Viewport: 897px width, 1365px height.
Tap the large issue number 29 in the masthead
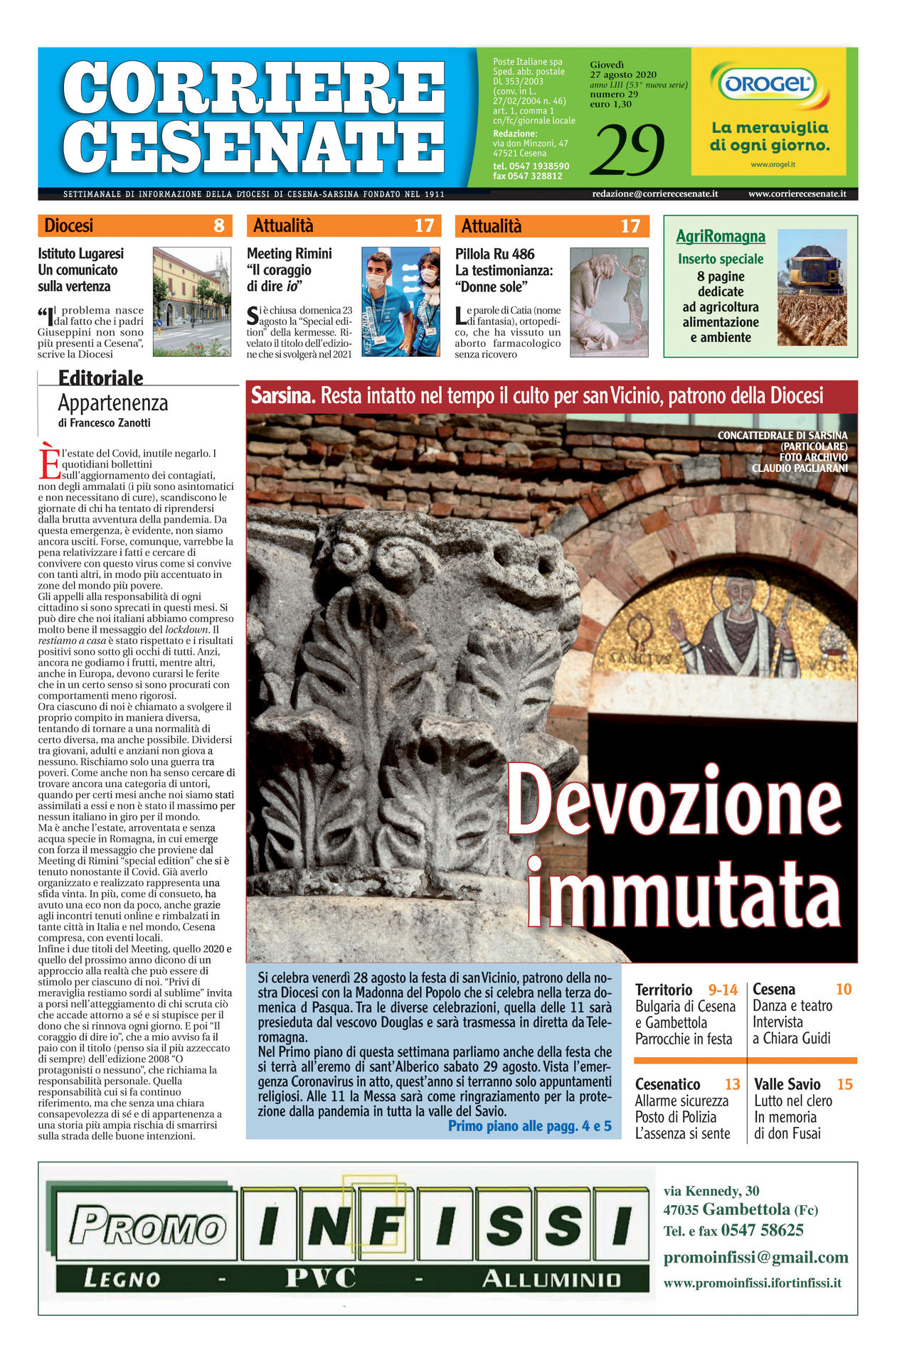[x=627, y=149]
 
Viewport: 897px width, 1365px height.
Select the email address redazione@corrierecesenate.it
[x=654, y=193]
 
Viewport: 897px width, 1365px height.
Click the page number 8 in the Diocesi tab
[x=219, y=226]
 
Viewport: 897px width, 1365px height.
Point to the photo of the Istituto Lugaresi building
[x=192, y=301]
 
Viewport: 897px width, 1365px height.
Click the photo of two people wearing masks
[x=400, y=301]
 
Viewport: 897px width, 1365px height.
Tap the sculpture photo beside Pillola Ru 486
[x=609, y=301]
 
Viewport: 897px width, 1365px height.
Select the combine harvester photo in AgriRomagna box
[x=812, y=287]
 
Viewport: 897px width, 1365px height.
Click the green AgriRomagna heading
[x=720, y=236]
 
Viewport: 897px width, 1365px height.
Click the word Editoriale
[x=100, y=378]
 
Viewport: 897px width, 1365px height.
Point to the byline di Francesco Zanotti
[x=104, y=423]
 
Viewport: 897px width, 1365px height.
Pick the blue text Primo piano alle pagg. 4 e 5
[x=529, y=1125]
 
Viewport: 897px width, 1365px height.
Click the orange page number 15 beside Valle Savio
[x=844, y=1084]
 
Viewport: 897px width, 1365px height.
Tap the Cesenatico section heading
[x=667, y=1084]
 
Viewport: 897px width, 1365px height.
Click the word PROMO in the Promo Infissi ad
[x=147, y=1226]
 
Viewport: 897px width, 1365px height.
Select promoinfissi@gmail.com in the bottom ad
[x=755, y=1257]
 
